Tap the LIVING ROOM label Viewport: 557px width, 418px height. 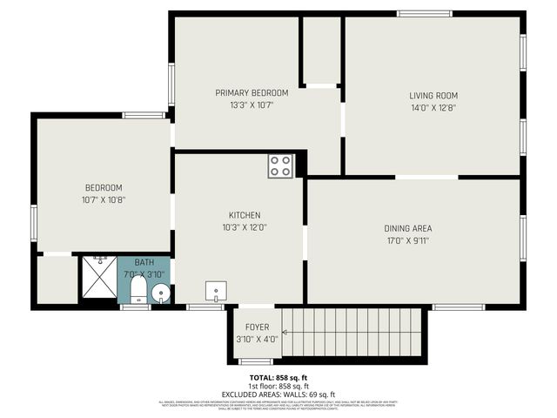pos(433,96)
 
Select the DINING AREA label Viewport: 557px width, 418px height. pos(408,228)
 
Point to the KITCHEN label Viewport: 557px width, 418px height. pos(245,215)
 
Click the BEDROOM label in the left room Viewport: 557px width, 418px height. pos(103,188)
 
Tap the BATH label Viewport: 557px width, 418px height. pos(144,262)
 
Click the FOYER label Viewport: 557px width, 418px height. pos(257,327)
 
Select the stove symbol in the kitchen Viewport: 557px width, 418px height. pos(280,166)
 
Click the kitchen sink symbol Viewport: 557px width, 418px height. pos(216,291)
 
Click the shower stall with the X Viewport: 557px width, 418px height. pos(98,279)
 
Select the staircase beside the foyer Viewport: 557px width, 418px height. pos(352,332)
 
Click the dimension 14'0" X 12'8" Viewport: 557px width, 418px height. pos(433,108)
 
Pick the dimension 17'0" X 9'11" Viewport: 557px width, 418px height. pos(408,240)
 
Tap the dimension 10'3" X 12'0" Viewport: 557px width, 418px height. pos(245,227)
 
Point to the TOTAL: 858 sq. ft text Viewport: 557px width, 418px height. pos(278,376)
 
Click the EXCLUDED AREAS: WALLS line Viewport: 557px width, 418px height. pos(278,394)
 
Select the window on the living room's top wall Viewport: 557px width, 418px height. pos(425,13)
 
